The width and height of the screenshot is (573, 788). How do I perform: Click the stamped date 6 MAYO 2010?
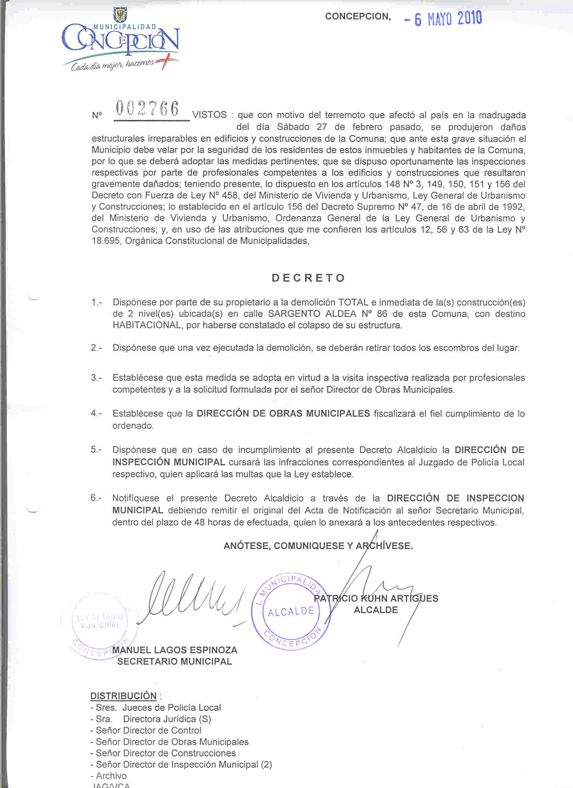443,19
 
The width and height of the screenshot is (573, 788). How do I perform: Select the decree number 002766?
148,109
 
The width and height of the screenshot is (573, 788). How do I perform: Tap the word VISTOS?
209,115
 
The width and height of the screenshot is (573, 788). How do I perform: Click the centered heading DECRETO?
308,278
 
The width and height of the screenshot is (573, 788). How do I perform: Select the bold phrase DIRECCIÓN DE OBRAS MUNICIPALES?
283,414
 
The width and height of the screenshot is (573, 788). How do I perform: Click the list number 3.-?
96,378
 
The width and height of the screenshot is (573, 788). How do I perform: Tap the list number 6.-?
96,498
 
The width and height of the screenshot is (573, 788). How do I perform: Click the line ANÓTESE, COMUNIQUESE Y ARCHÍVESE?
318,546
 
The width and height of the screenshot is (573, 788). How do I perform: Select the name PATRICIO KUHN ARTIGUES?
375,598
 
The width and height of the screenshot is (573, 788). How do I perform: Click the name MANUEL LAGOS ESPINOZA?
175,650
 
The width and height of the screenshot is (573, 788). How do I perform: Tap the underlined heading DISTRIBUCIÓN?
123,696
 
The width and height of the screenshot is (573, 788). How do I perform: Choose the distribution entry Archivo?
111,776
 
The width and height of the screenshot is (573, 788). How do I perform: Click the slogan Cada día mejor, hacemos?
112,65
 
